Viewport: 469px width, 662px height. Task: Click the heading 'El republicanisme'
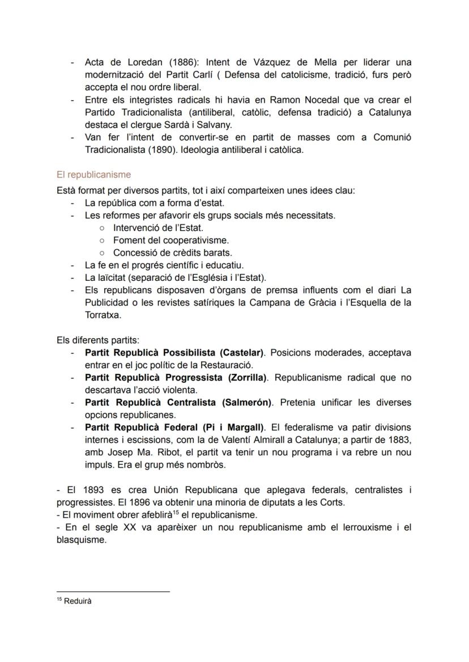93,175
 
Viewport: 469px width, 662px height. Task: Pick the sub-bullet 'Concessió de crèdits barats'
172,253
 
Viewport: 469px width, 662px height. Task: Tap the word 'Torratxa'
103,315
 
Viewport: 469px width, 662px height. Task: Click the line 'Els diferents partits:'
98,340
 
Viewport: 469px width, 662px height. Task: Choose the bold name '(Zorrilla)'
242,378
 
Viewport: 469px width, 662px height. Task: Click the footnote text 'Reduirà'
78,601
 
